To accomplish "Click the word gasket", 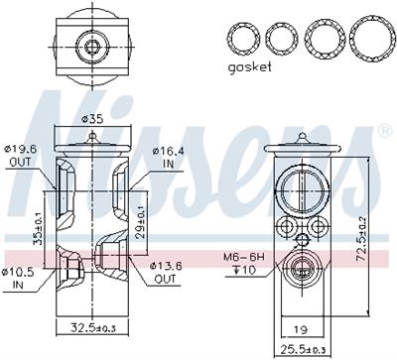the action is (x=250, y=67).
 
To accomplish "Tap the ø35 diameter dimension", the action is (x=92, y=119).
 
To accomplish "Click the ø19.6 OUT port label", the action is (x=22, y=156).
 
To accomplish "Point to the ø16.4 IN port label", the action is (x=168, y=158).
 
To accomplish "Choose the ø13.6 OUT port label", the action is (x=166, y=273).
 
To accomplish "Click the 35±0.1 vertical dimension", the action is (x=38, y=228).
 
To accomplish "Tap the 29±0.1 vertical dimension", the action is (x=142, y=222).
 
